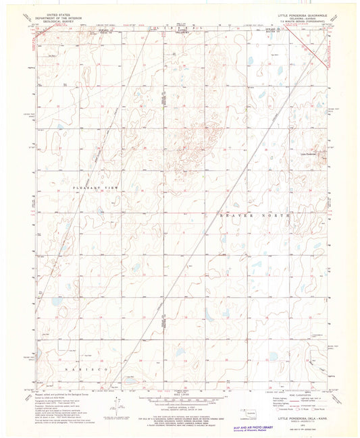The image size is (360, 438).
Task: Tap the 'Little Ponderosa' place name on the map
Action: [307, 155]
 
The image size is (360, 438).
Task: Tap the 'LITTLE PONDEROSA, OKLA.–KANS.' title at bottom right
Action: [302, 416]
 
